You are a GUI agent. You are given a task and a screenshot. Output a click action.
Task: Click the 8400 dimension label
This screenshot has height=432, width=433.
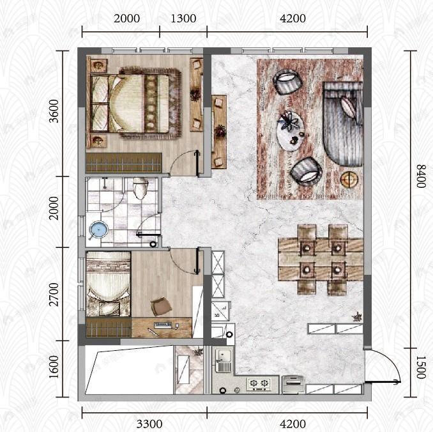(421, 176)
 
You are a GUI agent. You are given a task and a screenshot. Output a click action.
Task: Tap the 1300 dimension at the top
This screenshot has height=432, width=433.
(183, 19)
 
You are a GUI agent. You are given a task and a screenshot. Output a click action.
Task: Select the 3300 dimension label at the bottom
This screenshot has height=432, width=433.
(149, 424)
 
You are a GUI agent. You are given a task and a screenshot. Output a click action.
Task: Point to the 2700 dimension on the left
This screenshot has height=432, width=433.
(54, 295)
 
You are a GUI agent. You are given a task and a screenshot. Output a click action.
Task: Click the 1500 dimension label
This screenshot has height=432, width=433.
(421, 367)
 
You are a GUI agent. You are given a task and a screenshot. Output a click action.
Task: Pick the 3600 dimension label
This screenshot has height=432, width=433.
(54, 111)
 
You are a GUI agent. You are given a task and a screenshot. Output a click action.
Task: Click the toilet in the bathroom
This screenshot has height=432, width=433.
(141, 188)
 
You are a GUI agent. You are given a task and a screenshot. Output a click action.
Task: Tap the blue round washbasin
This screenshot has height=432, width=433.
(98, 230)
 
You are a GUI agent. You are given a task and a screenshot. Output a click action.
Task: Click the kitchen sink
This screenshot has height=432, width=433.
(224, 360)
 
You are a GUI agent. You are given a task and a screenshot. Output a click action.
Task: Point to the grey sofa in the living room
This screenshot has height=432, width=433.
(343, 124)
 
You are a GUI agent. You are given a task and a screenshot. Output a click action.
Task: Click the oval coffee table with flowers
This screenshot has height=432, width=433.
(290, 130)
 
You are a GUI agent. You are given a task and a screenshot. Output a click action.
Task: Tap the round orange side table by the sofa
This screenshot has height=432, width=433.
(349, 179)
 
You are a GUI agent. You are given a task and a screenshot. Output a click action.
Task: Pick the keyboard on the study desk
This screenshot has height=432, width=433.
(163, 325)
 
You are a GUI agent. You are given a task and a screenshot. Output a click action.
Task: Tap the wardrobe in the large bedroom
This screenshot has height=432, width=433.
(124, 163)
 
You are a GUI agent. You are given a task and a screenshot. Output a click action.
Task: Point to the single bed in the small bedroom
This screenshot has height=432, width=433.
(109, 284)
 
